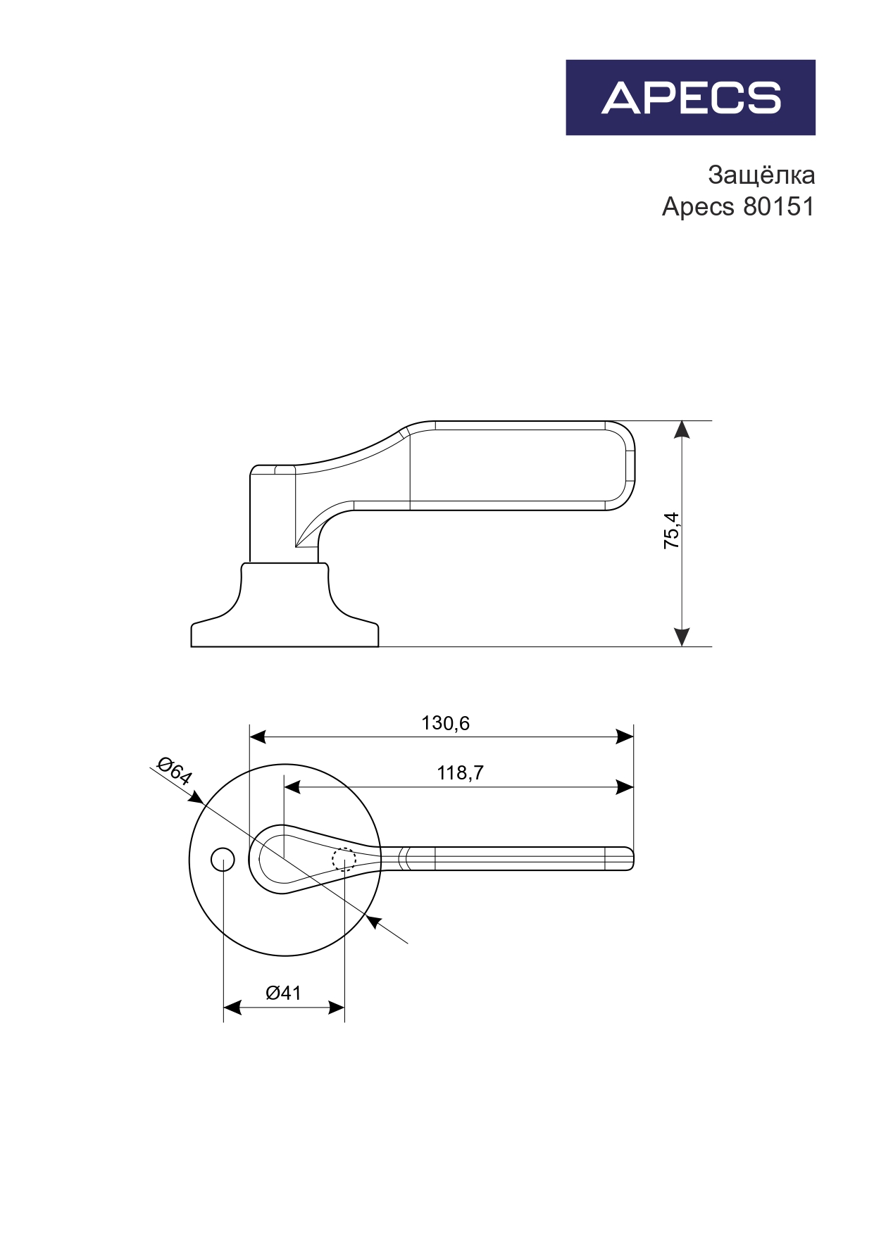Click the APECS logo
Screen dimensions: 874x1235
pyautogui.click(x=690, y=97)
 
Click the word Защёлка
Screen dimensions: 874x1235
pyautogui.click(x=761, y=175)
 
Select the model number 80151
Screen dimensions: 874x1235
pyautogui.click(x=779, y=207)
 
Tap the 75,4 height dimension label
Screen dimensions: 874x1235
pyautogui.click(x=672, y=531)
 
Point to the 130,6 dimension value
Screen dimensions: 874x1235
pyautogui.click(x=445, y=723)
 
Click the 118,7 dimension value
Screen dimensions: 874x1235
pyautogui.click(x=460, y=773)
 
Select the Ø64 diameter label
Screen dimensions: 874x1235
pyautogui.click(x=174, y=771)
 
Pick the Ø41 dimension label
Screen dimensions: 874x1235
pyautogui.click(x=283, y=993)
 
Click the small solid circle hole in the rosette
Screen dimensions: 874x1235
pyautogui.click(x=223, y=860)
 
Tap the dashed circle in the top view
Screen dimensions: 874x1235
pyautogui.click(x=344, y=860)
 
